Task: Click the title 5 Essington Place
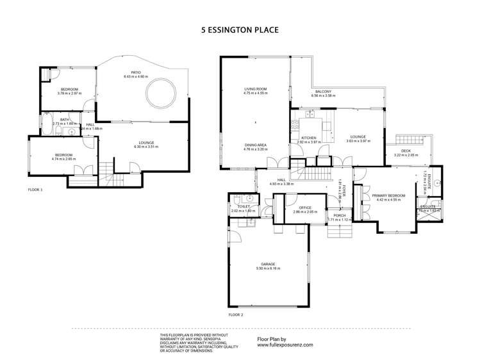[x=240, y=29]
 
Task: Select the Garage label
[x=267, y=263]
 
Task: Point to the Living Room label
[x=254, y=89]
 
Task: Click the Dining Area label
[x=255, y=145]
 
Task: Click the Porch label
[x=339, y=215]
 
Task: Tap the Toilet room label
[x=242, y=206]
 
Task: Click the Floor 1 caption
[x=35, y=190]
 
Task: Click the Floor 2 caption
[x=236, y=315]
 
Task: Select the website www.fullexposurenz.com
[x=285, y=345]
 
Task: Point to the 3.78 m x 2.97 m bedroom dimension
[x=69, y=94]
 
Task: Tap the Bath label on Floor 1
[x=65, y=119]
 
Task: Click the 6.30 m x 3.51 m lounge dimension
[x=145, y=147]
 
